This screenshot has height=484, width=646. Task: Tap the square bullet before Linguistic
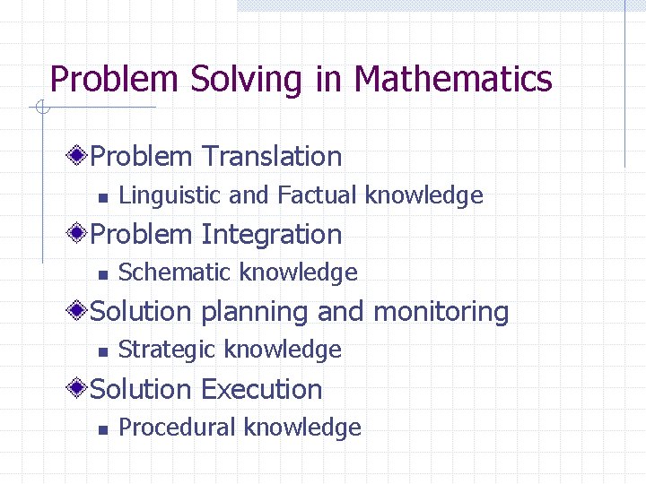pos(102,197)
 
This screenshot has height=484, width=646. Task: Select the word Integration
pos(271,234)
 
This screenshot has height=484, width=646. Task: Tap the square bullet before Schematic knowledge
pos(102,274)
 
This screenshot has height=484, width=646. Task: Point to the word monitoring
pos(440,312)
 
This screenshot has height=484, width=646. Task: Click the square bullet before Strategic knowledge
pos(102,351)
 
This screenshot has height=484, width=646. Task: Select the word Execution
pos(261,389)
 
